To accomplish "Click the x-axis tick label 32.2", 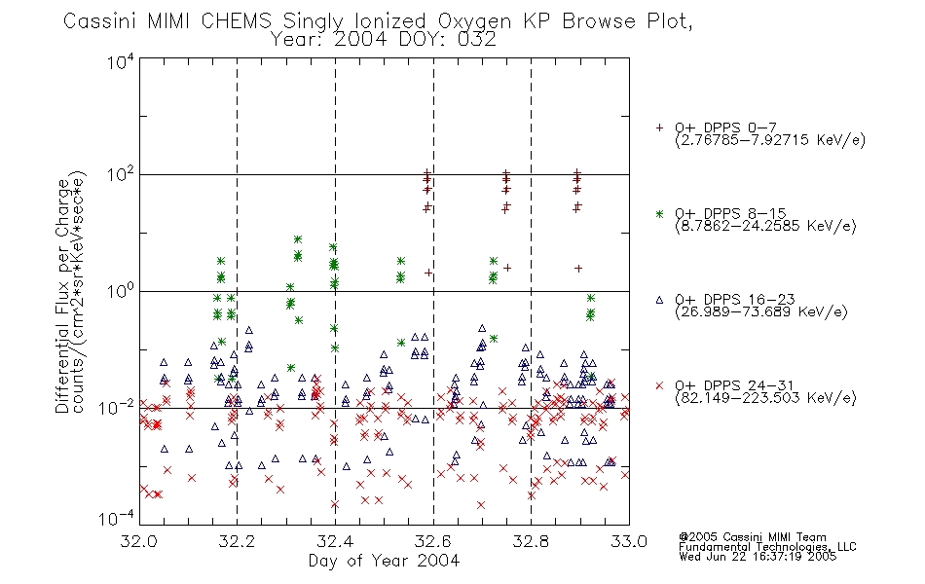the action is (x=237, y=541).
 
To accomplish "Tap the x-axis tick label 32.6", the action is (x=433, y=541).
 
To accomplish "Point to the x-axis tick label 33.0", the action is (x=629, y=541).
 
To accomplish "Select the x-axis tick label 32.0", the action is (x=139, y=541).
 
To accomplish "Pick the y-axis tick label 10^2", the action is (x=120, y=176).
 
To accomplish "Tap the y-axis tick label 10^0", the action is (x=120, y=292).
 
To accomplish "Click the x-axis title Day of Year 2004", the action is (x=384, y=561).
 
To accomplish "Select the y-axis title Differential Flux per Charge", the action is (x=63, y=296).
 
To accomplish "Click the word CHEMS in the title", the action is (x=237, y=20).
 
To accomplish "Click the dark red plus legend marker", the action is (x=659, y=128).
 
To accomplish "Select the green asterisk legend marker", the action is (x=659, y=213).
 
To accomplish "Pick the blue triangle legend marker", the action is (x=659, y=300).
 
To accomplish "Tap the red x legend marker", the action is (x=659, y=385).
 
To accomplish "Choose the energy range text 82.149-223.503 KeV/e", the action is (x=765, y=398).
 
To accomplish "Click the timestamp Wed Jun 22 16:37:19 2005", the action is (x=758, y=557).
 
